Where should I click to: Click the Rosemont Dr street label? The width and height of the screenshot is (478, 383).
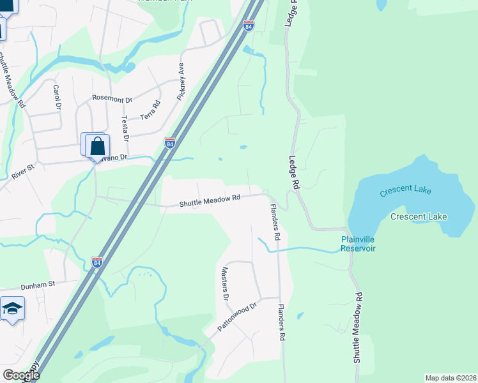point(112,99)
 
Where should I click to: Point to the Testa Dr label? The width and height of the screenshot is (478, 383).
point(125,128)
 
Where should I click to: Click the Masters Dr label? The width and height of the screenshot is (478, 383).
point(225,283)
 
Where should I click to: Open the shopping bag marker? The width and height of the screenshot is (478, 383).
point(96,147)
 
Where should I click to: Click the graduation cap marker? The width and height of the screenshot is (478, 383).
point(12,310)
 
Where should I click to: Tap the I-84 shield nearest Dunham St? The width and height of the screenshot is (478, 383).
point(97,262)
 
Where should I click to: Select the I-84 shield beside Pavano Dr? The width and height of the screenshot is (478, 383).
point(169,143)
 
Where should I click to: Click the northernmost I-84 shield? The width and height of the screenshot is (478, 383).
point(248,26)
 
